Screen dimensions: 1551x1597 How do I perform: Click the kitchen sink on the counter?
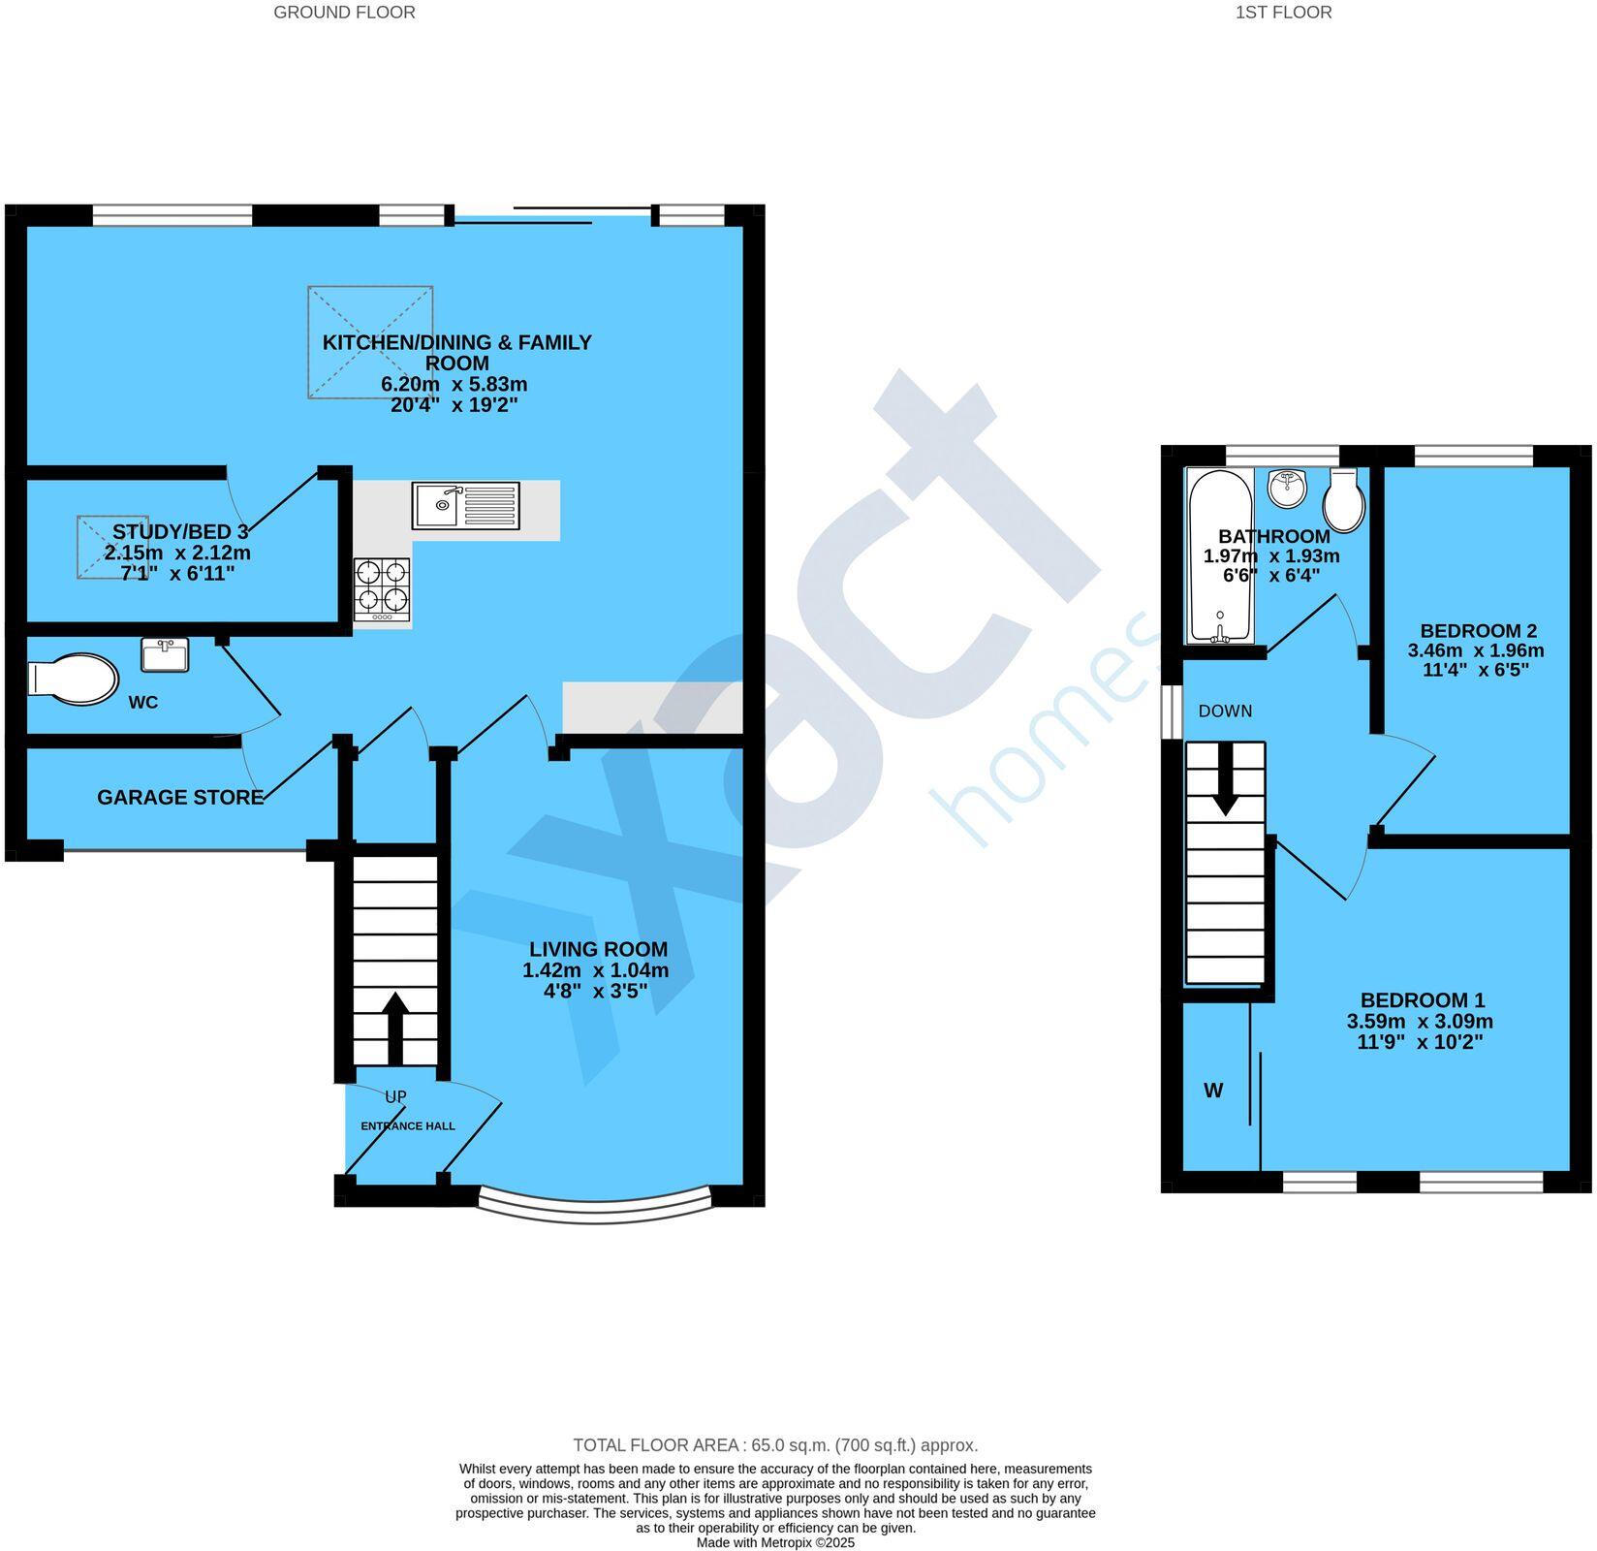pos(465,506)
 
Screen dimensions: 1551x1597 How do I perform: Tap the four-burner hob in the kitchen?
pos(382,590)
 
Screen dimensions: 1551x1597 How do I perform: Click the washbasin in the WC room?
pos(165,655)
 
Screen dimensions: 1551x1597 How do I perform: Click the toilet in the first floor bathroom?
pos(1344,500)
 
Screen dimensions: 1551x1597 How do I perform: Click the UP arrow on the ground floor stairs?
pos(395,1028)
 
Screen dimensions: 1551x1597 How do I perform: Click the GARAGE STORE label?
pos(180,798)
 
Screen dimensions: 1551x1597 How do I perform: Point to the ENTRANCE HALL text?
pos(408,1126)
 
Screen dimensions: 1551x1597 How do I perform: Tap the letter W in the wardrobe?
pos(1213,1092)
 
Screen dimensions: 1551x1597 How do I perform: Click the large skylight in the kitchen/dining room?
pos(370,341)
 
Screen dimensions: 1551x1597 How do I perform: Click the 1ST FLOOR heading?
pos(1283,13)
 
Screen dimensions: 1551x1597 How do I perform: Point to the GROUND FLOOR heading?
pos(344,13)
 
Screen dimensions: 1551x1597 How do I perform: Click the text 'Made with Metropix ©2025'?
pos(775,1542)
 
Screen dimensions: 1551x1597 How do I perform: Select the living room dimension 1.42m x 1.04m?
pos(596,971)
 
